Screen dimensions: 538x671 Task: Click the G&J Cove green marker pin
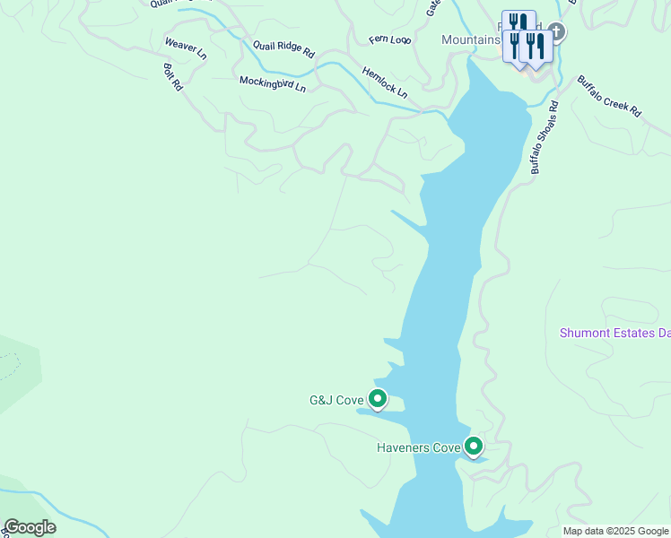[378, 397]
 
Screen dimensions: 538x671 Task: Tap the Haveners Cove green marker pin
[473, 445]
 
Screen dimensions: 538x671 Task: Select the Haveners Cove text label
[418, 447]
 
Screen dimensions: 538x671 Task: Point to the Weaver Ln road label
[186, 48]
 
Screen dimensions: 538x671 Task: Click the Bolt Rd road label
[173, 76]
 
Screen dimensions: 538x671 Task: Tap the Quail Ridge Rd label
[283, 49]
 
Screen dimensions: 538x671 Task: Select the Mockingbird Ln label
[273, 83]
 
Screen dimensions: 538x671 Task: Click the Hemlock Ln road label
[385, 82]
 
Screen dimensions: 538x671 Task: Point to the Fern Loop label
[389, 40]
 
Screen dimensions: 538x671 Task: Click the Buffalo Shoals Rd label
[544, 136]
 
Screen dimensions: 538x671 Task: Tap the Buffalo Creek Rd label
[609, 96]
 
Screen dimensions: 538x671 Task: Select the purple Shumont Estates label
[614, 333]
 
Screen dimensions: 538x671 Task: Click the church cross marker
[556, 32]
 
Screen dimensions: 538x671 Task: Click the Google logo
[30, 527]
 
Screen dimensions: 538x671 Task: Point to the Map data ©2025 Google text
[615, 531]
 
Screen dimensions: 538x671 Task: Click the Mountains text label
[470, 40]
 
